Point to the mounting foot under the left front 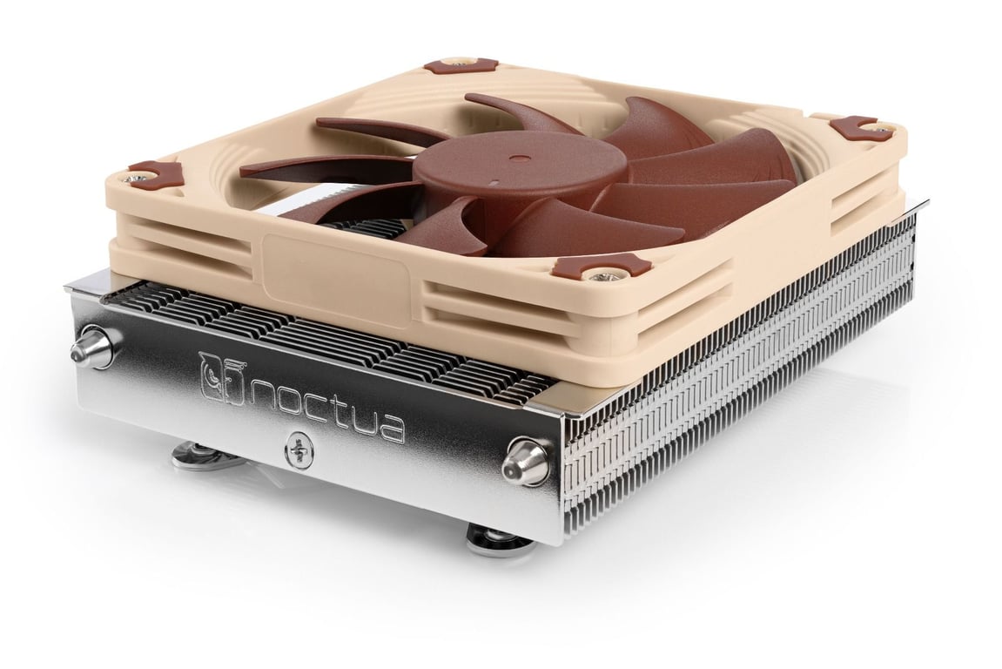coord(195,454)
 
